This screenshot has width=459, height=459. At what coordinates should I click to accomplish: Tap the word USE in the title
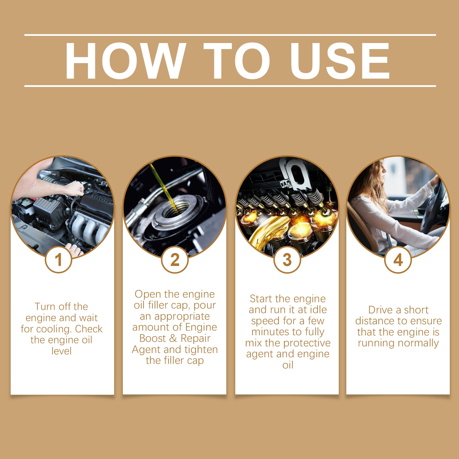point(340,61)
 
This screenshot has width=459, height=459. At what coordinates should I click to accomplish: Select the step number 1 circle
point(59,260)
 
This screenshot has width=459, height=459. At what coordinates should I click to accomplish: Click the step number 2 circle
point(175,260)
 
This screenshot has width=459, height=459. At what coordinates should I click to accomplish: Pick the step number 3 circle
point(287,260)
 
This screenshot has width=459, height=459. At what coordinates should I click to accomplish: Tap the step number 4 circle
point(398,260)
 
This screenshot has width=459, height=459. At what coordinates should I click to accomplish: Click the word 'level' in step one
point(61,351)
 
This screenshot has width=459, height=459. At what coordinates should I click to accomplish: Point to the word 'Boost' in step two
point(153,338)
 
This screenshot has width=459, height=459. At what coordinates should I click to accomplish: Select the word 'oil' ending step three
point(288,365)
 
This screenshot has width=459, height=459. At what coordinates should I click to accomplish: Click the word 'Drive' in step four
point(381,310)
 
